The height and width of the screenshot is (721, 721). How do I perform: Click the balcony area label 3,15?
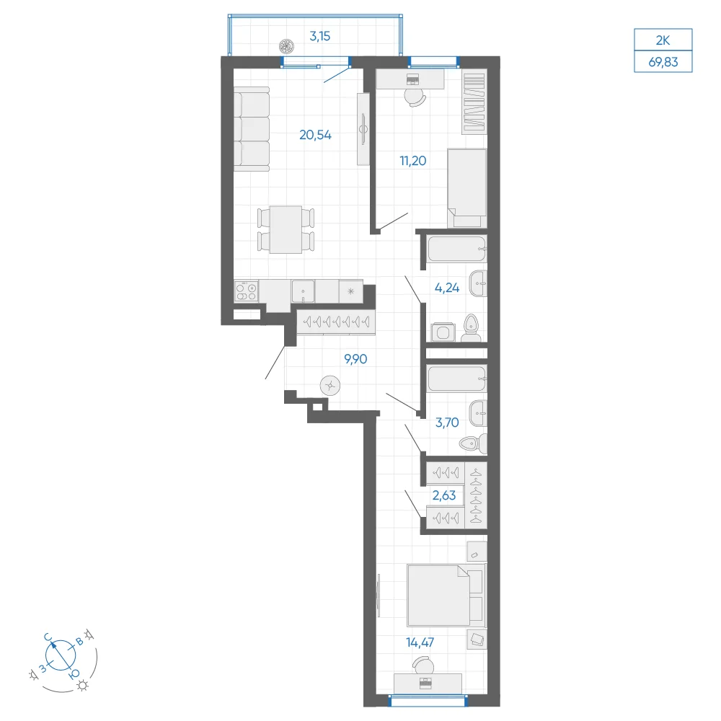coord(319,36)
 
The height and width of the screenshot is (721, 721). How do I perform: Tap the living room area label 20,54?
coord(316,136)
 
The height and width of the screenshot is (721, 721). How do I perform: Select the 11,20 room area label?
coord(413,161)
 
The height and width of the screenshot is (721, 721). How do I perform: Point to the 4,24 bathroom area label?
coord(447,288)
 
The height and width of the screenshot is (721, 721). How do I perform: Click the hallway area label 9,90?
coord(355,359)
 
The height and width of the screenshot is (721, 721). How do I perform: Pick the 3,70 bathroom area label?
coord(447,422)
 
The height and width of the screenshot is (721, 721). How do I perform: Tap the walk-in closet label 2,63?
coord(444,495)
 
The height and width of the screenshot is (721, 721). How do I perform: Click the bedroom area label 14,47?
coord(420,642)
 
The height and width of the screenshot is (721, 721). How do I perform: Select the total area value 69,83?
coord(663,62)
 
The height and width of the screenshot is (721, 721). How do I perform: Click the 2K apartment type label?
coord(663,40)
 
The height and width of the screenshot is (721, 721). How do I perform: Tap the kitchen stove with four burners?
coord(246,291)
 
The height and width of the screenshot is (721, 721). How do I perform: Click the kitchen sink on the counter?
coord(303,291)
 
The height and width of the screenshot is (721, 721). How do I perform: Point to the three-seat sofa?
coord(252,129)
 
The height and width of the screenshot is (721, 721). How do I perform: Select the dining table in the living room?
coord(286,229)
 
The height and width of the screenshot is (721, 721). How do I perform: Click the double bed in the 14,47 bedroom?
coord(445,596)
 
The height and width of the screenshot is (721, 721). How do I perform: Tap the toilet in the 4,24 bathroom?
coord(471,328)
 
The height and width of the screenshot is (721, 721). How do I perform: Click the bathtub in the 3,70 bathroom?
coord(456,379)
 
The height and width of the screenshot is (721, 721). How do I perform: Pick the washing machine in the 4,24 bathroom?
coord(443,332)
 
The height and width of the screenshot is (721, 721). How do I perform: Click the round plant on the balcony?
coord(286,45)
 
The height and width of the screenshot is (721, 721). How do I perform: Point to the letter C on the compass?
coord(48,637)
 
